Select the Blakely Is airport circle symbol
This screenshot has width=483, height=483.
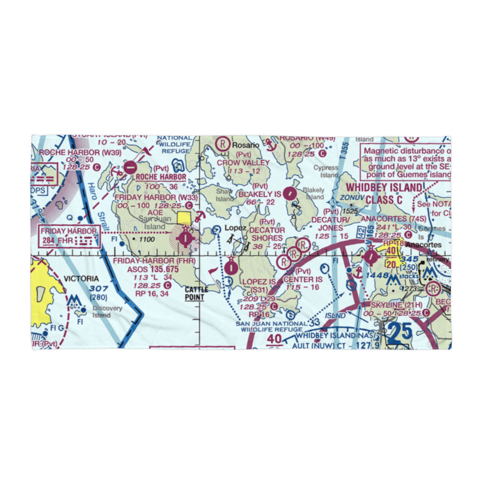click(289, 194)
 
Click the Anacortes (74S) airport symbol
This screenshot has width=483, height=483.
click(370, 256)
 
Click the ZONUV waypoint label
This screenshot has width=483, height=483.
click(350, 198)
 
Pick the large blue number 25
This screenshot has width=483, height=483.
click(399, 332)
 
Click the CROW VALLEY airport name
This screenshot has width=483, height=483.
click(243, 163)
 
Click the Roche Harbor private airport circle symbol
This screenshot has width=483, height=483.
click(130, 168)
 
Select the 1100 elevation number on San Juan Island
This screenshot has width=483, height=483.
click(147, 239)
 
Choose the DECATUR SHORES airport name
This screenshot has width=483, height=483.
click(267, 234)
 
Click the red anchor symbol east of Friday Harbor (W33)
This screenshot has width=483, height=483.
click(198, 215)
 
